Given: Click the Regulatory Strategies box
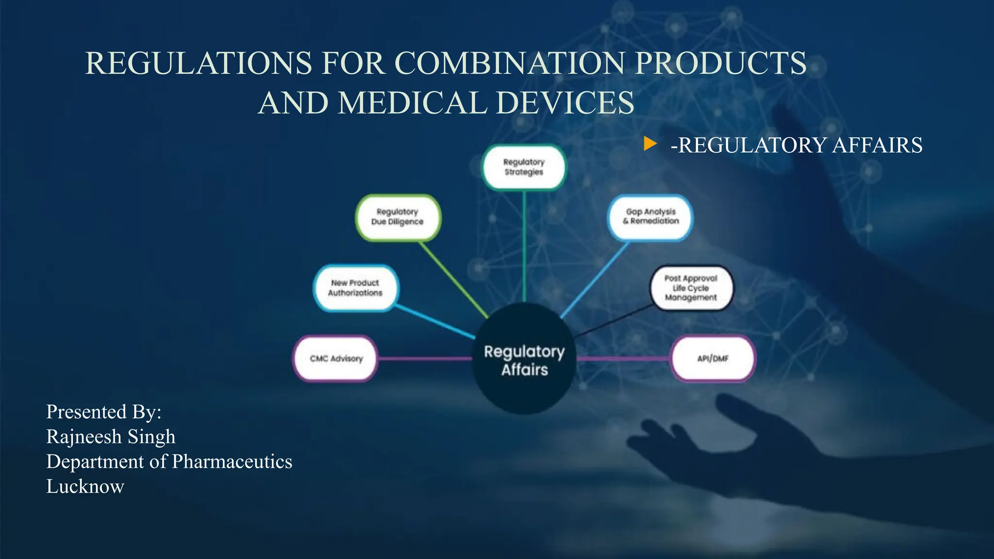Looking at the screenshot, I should point(524,167).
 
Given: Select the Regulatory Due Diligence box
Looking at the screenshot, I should point(398,217).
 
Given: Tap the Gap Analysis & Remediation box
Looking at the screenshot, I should point(650,217).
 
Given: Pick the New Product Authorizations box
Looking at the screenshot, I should point(355,288).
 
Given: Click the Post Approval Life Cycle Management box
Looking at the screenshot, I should point(691,288).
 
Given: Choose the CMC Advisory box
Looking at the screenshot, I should point(336,359).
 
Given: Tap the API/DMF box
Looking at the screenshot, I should point(712,359).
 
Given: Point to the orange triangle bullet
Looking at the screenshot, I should point(649,144).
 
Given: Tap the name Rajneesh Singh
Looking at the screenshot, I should point(111,437).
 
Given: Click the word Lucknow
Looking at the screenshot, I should point(85,486).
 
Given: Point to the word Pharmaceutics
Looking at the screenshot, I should point(232,461).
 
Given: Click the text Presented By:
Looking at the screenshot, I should point(103,412).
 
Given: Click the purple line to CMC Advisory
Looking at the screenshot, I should point(424,359).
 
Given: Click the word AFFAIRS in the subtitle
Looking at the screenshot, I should point(877,146).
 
